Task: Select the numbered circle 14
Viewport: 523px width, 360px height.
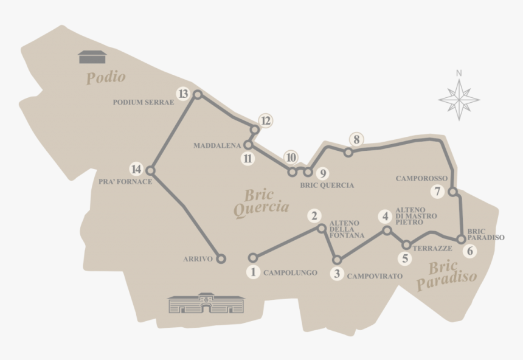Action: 136,169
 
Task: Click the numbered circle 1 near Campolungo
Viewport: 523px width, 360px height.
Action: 253,272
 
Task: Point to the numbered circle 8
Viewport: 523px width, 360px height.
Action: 357,139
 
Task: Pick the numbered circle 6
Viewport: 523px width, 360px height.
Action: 468,250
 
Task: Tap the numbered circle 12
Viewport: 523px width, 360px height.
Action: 265,120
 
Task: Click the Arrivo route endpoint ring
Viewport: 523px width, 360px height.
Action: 221,258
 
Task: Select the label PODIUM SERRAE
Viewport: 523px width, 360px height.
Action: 143,102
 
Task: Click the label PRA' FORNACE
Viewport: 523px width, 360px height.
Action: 125,181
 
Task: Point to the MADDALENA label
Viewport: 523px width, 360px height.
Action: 217,146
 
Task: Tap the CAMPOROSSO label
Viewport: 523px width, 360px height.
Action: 421,179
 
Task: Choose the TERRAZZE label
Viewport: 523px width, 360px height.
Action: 432,249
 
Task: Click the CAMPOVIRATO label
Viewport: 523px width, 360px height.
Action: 375,276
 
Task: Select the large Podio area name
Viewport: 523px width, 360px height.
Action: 106,77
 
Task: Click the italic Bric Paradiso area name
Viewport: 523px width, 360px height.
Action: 446,274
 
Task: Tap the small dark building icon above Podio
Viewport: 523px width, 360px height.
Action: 92,57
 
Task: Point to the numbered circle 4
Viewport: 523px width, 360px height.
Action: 385,216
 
